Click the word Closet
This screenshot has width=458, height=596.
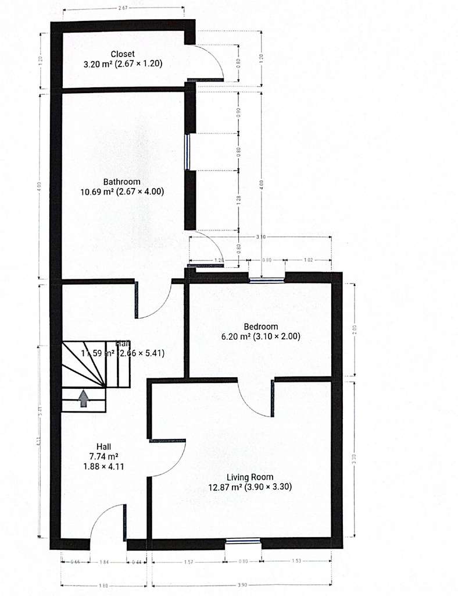(x=123, y=54)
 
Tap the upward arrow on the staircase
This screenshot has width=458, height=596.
(x=84, y=398)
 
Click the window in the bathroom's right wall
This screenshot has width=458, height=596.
(x=188, y=152)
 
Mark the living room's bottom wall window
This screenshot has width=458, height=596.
(x=243, y=542)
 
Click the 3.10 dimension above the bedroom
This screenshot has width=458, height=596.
(x=260, y=237)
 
